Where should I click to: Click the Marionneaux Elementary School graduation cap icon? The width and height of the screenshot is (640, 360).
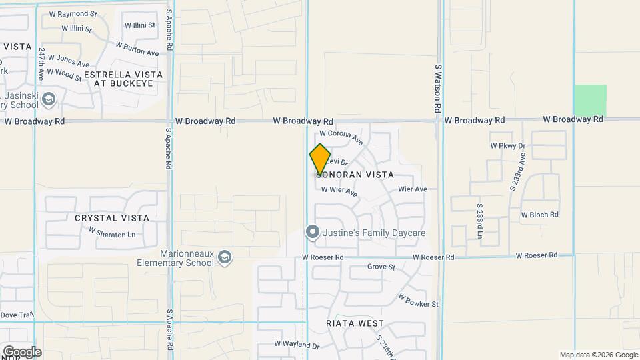(x=225, y=257)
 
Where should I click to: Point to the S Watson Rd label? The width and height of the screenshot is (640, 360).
(x=438, y=88)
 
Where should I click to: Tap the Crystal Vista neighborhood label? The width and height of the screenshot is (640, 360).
(x=111, y=218)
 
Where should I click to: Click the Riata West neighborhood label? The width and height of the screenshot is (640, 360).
(x=355, y=323)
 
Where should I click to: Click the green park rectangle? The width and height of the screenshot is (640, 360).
(x=591, y=100)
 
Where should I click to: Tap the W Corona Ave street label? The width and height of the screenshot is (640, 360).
(x=342, y=137)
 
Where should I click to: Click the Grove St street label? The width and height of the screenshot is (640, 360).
(x=381, y=267)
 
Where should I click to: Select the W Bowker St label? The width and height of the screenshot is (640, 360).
(x=419, y=300)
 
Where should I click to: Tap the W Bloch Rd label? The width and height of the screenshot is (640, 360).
(x=539, y=215)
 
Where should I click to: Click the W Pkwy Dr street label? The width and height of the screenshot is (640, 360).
(x=508, y=145)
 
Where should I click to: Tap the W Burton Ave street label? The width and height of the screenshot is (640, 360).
(x=137, y=49)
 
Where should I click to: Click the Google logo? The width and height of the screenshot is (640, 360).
(x=22, y=351)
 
